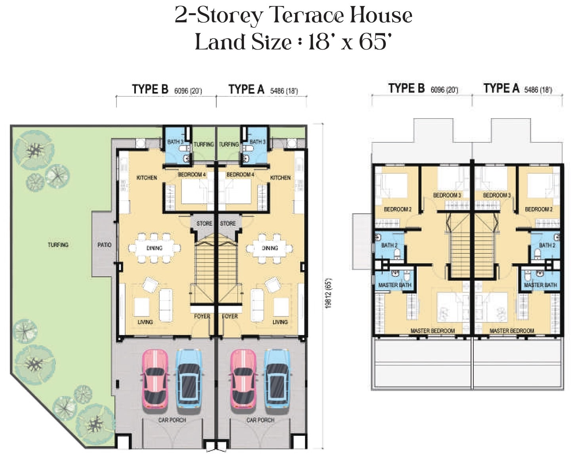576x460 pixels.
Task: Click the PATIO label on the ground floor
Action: [x=105, y=245]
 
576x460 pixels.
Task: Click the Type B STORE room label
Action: [x=204, y=223]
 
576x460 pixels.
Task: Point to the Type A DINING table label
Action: [x=270, y=248]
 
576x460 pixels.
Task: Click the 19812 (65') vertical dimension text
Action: [x=328, y=293]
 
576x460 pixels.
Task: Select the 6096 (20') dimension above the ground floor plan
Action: [x=188, y=91]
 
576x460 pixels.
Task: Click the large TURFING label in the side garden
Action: [x=58, y=245]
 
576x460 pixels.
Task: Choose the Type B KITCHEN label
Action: [x=147, y=178]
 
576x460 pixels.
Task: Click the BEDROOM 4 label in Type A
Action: [x=240, y=174]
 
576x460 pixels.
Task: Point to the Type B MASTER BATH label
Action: [x=395, y=285]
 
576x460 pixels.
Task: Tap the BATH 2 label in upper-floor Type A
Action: [x=547, y=245]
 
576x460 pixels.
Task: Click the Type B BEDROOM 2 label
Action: [x=398, y=209]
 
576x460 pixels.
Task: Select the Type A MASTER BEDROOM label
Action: [x=512, y=331]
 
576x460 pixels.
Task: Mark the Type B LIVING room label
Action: [x=145, y=322]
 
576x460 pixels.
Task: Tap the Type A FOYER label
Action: [x=230, y=316]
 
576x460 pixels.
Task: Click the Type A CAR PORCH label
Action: [x=260, y=420]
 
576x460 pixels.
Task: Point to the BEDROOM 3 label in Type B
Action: [x=447, y=195]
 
